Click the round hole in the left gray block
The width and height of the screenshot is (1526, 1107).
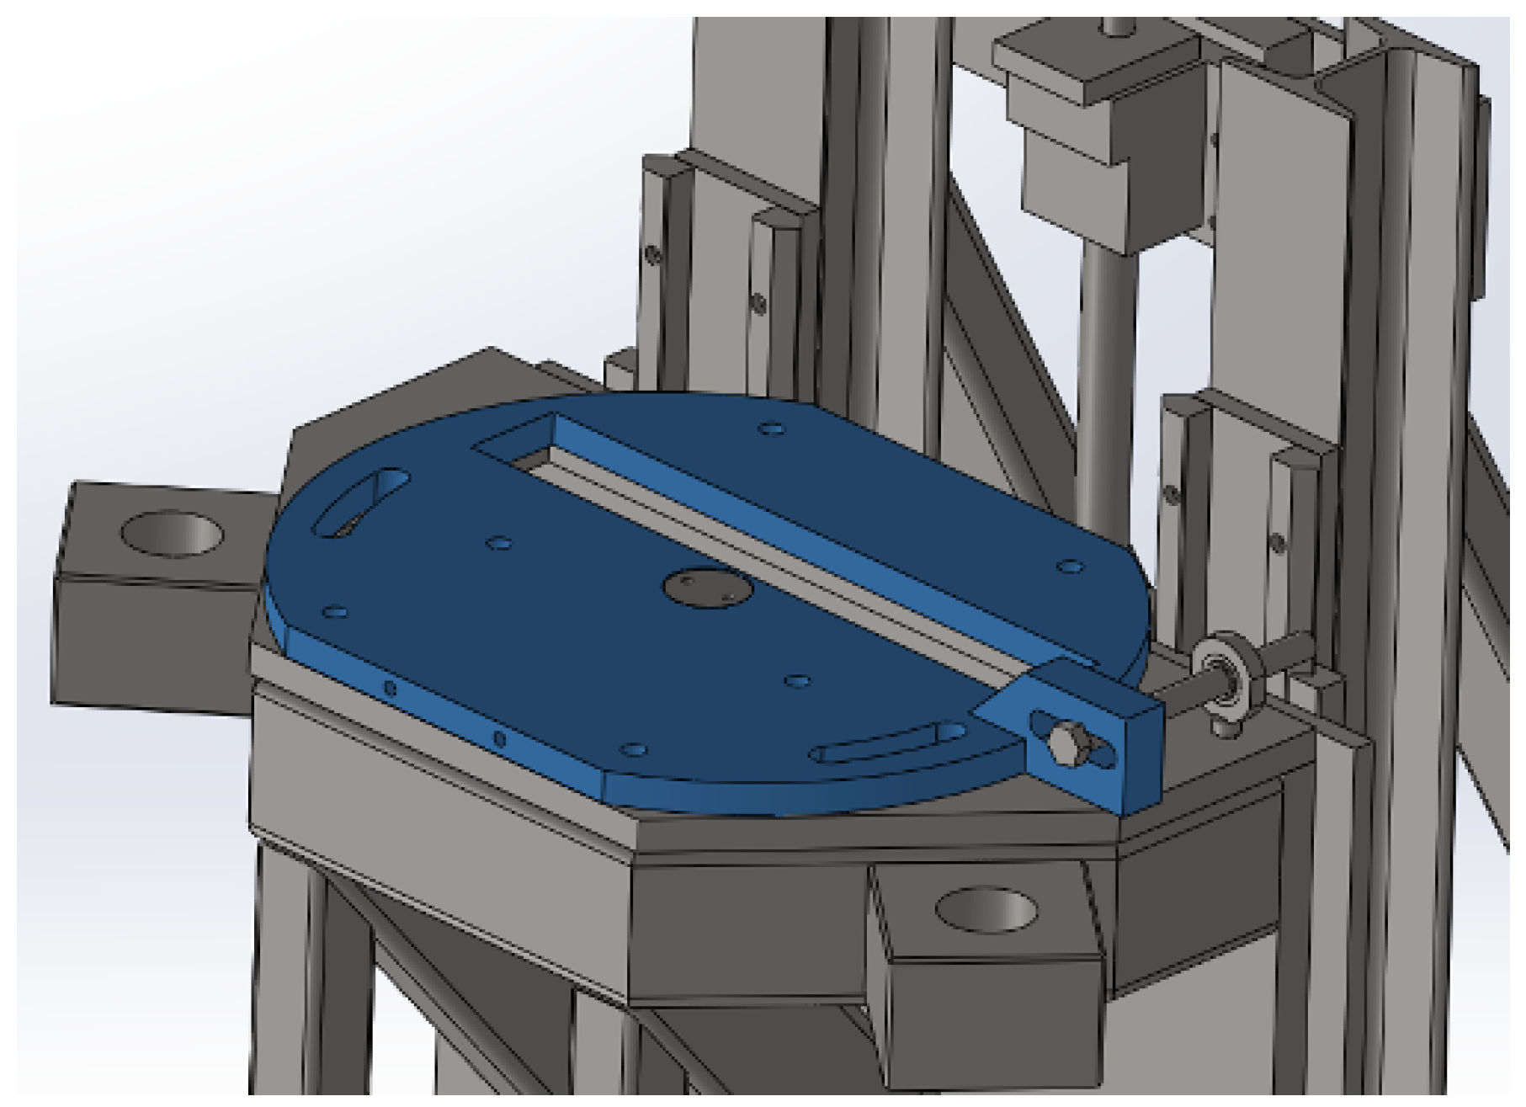[173, 534]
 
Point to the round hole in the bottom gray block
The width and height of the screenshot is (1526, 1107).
[986, 910]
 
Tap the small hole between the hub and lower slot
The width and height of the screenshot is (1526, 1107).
[796, 679]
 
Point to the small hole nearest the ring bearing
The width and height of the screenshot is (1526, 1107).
[1070, 567]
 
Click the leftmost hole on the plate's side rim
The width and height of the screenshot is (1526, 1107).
[390, 689]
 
